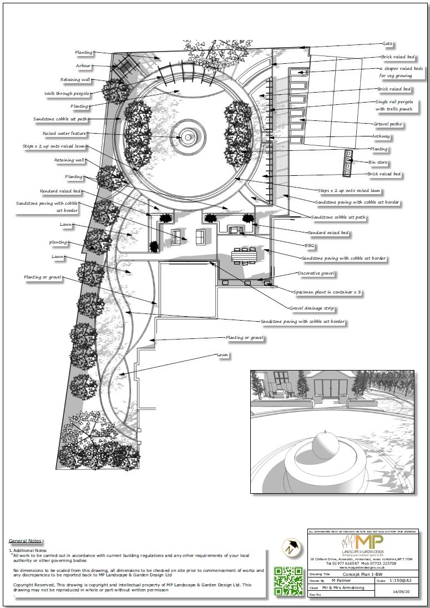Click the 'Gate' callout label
pyautogui.click(x=387, y=43)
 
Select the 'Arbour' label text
pyautogui.click(x=83, y=66)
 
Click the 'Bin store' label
pyautogui.click(x=378, y=163)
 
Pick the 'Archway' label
pyautogui.click(x=381, y=136)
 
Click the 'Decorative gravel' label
pyautogui.click(x=316, y=273)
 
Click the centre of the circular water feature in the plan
pyautogui.click(x=189, y=136)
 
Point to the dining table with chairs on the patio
pyautogui.click(x=247, y=256)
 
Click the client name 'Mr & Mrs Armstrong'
pyautogui.click(x=343, y=587)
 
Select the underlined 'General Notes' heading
pyautogui.click(x=25, y=541)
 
